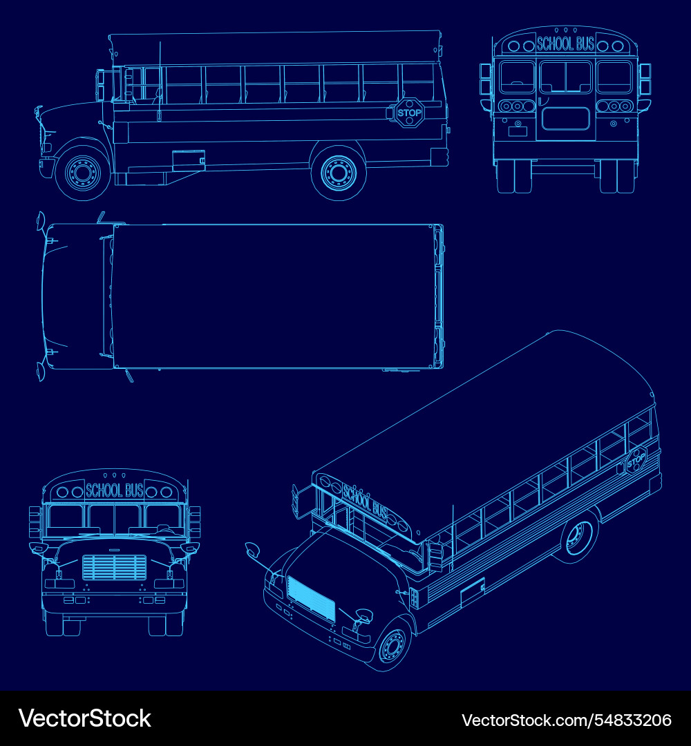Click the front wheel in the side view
pyautogui.click(x=84, y=172)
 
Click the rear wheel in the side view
pyautogui.click(x=339, y=172)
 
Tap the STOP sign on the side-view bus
pyautogui.click(x=409, y=113)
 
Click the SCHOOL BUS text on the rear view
pyautogui.click(x=565, y=44)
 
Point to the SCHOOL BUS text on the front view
pyautogui.click(x=114, y=490)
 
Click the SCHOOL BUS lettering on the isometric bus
pyautogui.click(x=366, y=502)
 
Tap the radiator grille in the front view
pyautogui.click(x=115, y=568)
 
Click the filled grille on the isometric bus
pyautogui.click(x=311, y=598)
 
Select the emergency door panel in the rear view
pyautogui.click(x=565, y=119)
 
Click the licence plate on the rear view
pyautogui.click(x=518, y=131)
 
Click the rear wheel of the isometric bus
pyautogui.click(x=580, y=537)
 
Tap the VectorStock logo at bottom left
pyautogui.click(x=85, y=718)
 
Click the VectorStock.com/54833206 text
pyautogui.click(x=567, y=720)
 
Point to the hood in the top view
pyautogui.click(x=74, y=296)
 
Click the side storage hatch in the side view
pyautogui.click(x=189, y=160)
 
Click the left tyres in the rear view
pyautogui.click(x=514, y=176)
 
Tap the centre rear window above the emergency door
pyautogui.click(x=565, y=77)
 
